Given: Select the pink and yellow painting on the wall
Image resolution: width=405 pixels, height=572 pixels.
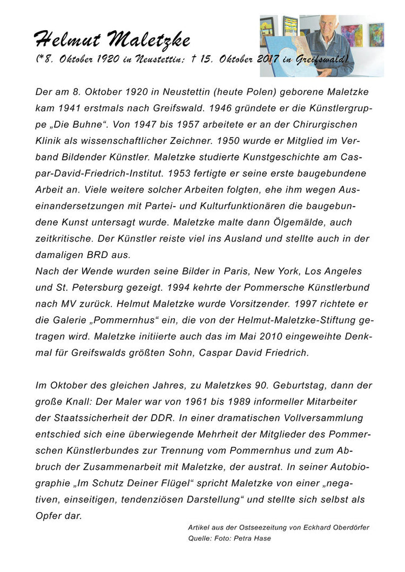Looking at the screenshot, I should [x=352, y=35].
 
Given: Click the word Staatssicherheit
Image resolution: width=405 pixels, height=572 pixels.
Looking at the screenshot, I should [x=86, y=418].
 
